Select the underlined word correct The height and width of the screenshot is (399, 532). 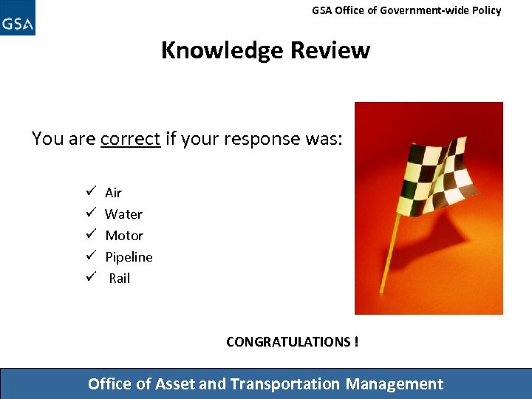[130, 139]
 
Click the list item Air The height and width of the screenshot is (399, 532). [113, 193]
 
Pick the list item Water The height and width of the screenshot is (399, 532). [123, 214]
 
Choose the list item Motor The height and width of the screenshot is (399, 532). [124, 236]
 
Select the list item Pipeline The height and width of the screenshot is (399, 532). [129, 257]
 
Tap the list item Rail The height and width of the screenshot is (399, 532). [119, 279]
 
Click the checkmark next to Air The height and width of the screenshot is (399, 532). [88, 192]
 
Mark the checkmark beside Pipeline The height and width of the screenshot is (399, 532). [88, 256]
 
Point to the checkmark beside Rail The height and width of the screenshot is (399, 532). [88, 278]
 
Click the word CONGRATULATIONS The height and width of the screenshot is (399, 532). [288, 342]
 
